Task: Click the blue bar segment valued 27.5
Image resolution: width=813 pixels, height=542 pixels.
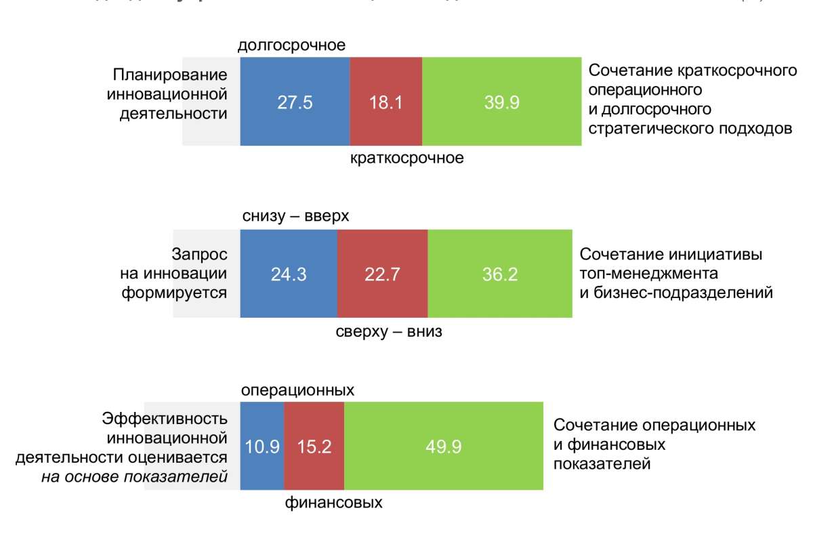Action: click(295, 102)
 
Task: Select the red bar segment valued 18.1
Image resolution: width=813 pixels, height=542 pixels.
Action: click(385, 102)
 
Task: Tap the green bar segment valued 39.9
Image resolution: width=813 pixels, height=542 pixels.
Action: click(501, 102)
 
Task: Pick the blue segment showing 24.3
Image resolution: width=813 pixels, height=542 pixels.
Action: click(289, 274)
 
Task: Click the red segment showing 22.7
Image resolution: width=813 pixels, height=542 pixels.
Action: click(382, 274)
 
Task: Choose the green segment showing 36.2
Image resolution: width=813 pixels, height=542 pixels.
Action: click(499, 274)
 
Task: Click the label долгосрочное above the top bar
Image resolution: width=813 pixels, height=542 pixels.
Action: click(292, 46)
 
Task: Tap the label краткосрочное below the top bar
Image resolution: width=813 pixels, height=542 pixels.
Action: click(406, 159)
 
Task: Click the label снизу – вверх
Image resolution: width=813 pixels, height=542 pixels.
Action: click(295, 216)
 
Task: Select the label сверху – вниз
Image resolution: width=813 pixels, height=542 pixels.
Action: click(389, 333)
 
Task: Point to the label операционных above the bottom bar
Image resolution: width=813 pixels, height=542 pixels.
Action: click(298, 391)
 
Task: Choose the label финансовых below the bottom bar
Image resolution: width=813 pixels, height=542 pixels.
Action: click(333, 503)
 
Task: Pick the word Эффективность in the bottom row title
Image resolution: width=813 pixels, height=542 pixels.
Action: click(165, 419)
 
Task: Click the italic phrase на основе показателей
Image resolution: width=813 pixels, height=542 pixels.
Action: click(133, 476)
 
